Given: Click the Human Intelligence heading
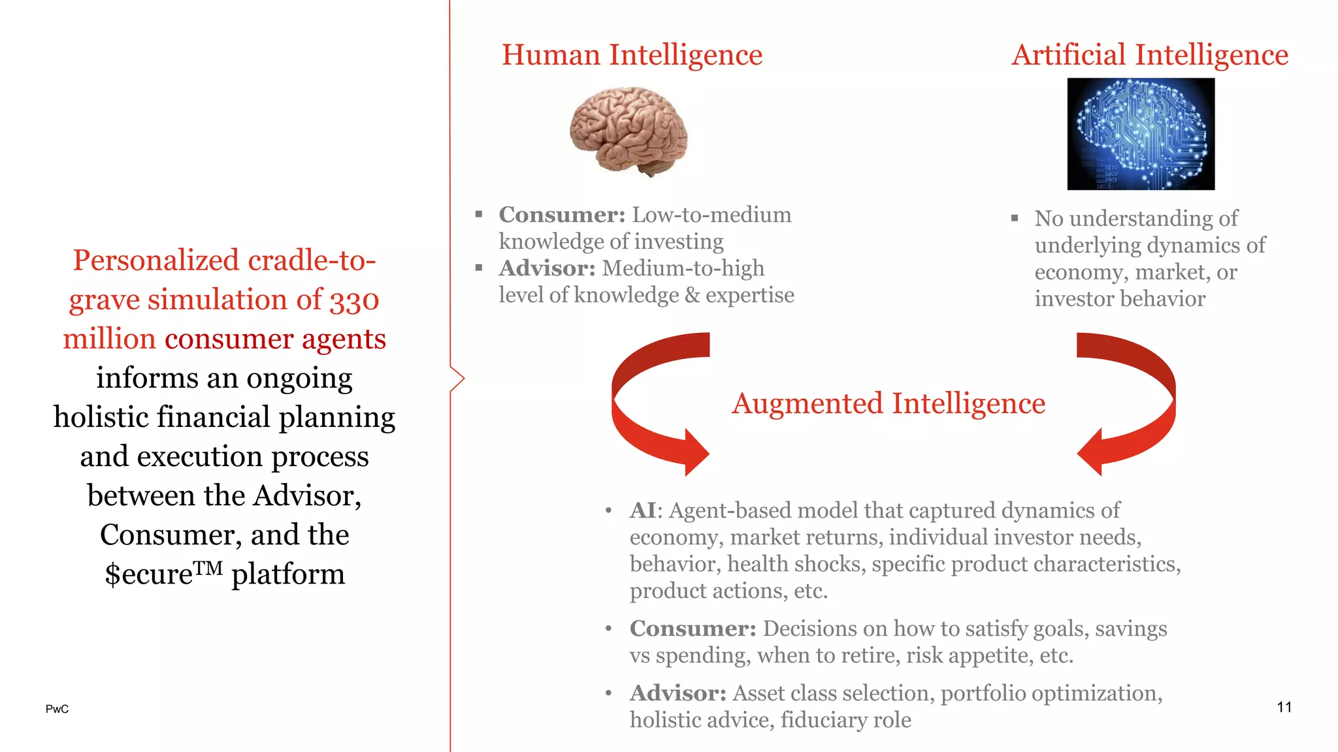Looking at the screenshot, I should [632, 55].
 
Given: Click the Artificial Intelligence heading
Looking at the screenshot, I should [1149, 55].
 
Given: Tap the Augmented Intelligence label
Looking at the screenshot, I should [888, 403].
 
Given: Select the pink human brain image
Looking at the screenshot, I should [628, 131].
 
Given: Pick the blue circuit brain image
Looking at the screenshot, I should [1141, 134].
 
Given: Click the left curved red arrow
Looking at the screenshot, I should [653, 405].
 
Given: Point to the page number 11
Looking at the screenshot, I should [1284, 707].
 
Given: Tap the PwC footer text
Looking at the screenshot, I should [57, 709].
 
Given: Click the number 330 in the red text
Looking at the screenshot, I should [354, 300].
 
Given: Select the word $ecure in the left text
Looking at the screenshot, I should [149, 574].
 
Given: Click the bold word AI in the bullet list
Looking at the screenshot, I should [643, 510].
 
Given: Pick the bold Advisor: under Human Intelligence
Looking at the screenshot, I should [547, 268].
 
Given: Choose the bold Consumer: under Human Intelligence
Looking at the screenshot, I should [562, 215].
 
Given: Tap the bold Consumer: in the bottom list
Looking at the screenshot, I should [693, 629].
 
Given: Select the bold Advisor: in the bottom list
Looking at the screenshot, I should [677, 693].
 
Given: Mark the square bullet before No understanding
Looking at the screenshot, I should [1015, 218].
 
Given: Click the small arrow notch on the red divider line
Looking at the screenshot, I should [458, 379].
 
